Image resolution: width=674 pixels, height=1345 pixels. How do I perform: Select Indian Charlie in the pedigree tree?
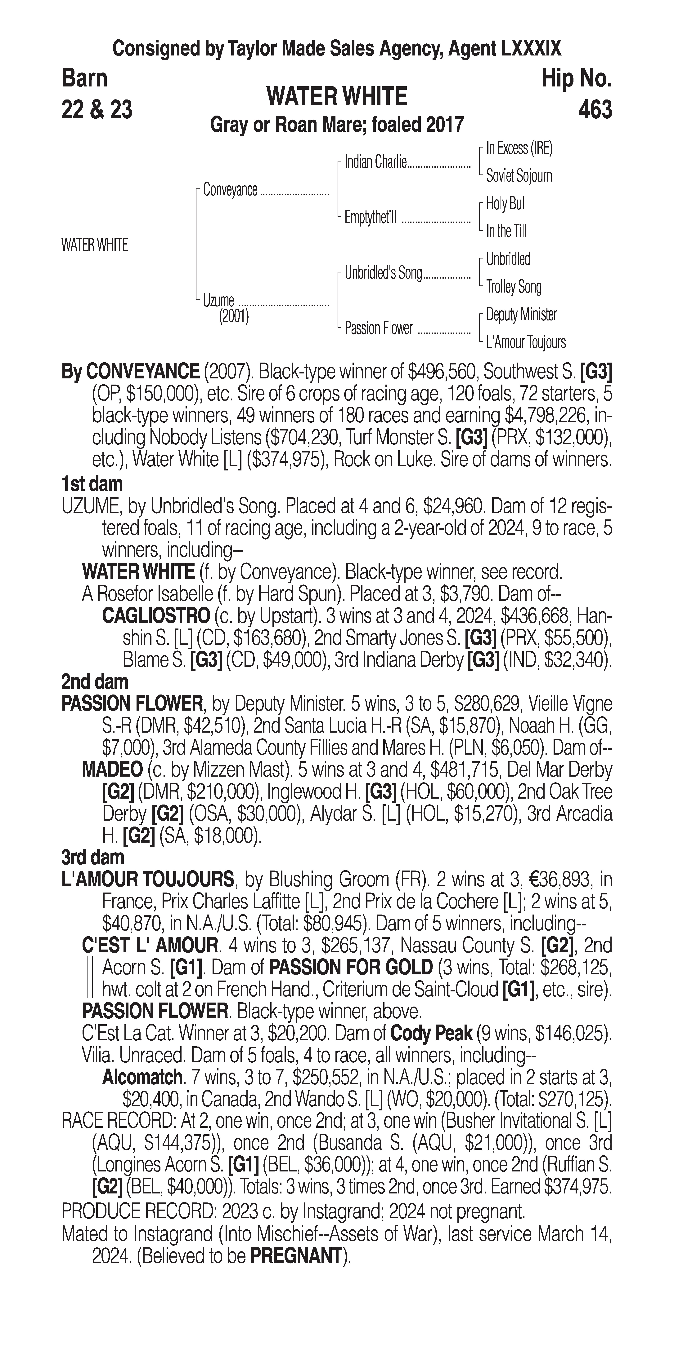pos(375,162)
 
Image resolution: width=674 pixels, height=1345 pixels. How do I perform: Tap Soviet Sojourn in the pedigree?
pos(519,176)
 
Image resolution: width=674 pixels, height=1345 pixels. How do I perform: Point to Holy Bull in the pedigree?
pos(506,204)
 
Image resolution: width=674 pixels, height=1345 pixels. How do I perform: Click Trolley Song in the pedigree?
pos(514,287)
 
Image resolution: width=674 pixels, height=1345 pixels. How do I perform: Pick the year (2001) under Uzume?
pos(234,316)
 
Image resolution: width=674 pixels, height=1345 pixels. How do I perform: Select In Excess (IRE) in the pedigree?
pos(519,148)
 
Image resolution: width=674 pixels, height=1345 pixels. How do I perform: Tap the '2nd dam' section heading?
pos(95,681)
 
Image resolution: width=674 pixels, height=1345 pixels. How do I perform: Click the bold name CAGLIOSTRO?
pos(156,616)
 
